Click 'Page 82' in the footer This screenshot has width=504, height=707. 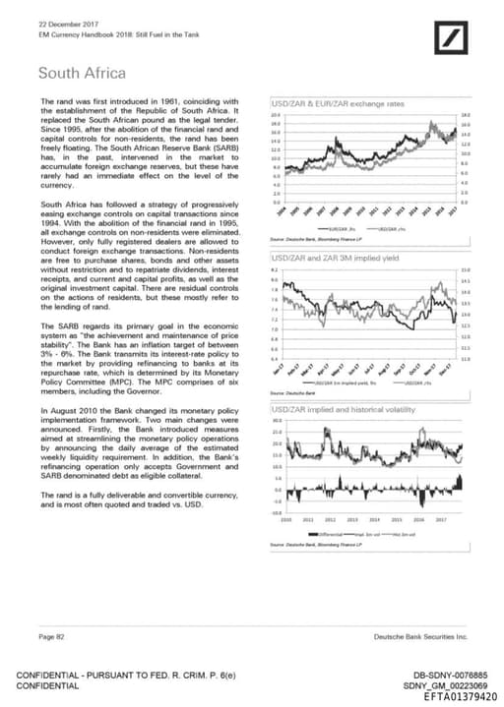[x=52, y=637]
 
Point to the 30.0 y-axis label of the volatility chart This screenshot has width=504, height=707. [x=277, y=421]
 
